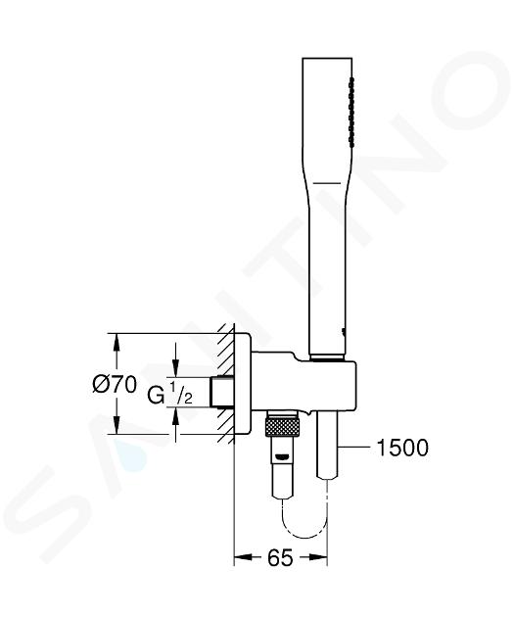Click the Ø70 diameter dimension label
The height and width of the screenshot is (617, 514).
[x=115, y=385]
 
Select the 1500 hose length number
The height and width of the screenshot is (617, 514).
[x=402, y=448]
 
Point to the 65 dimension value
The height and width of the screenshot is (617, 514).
[x=280, y=557]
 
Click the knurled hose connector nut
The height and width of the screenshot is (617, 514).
[x=282, y=427]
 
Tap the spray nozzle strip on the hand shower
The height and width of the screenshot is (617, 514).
[x=351, y=114]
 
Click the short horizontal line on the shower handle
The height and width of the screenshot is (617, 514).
[x=327, y=183]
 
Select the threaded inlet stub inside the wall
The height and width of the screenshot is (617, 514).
[x=222, y=392]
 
